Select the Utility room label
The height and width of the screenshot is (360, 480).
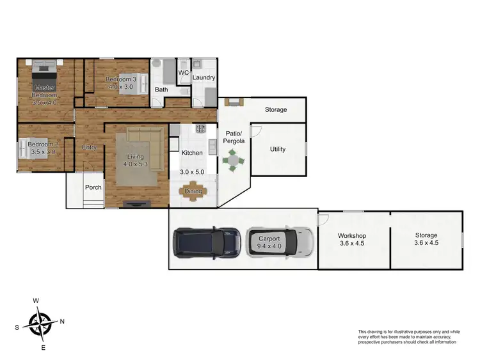click(x=278, y=150)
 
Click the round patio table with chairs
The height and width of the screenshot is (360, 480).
click(x=234, y=159)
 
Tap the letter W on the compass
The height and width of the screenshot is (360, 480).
click(x=36, y=301)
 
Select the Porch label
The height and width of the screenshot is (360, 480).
click(x=93, y=187)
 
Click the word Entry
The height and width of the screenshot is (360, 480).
click(x=90, y=148)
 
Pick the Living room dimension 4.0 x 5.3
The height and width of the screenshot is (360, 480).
click(x=135, y=165)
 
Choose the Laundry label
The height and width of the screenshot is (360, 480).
click(x=204, y=78)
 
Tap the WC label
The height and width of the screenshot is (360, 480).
click(x=183, y=73)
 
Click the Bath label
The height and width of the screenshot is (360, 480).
click(x=161, y=90)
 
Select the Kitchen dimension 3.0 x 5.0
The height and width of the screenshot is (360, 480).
click(x=192, y=173)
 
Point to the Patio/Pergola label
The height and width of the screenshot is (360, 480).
click(x=230, y=136)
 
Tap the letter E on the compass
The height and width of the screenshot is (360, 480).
click(x=44, y=348)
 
